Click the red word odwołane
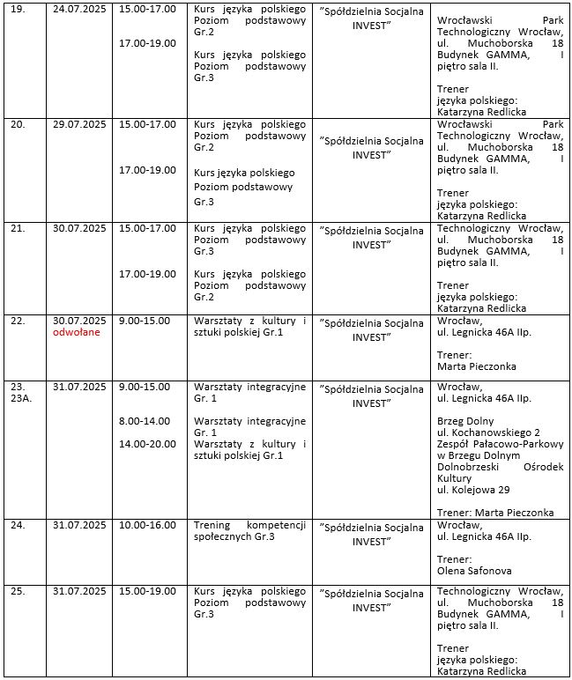tap(78, 334)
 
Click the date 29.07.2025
tap(80, 125)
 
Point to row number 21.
tap(18, 228)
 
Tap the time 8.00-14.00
tap(145, 421)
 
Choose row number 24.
tap(18, 526)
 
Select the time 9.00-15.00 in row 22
tap(145, 321)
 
